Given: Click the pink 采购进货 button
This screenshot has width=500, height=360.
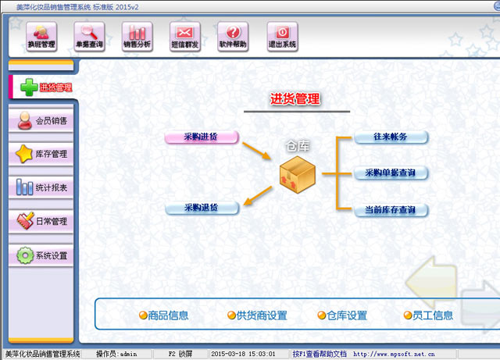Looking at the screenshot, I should pos(201,137).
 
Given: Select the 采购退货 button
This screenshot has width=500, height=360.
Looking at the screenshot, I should pos(202,208).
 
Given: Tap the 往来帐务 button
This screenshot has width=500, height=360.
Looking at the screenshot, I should pos(391,137).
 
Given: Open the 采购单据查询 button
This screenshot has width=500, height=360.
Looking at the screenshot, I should pos(391,173).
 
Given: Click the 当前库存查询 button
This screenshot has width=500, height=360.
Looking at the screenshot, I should pos(391,210).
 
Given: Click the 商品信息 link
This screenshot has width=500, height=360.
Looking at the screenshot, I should pos(164,315).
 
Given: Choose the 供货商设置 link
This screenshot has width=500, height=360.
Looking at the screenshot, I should pos(257,315).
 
